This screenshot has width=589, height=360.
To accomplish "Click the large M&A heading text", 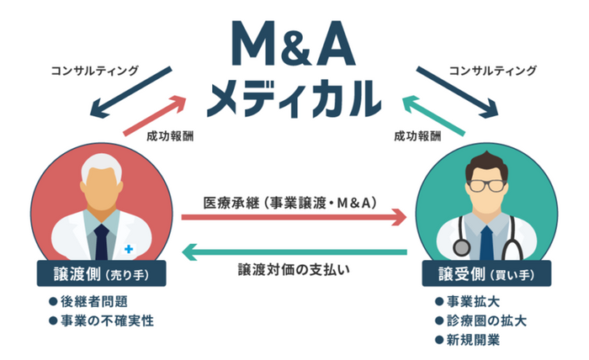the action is (294, 44).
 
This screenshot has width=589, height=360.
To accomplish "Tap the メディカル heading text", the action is (294, 98).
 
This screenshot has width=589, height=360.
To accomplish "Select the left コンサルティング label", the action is (94, 71).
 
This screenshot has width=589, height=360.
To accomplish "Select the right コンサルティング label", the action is (493, 71).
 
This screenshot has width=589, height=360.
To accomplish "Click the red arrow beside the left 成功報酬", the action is (155, 115).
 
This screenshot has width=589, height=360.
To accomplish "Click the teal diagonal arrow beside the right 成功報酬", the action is (434, 115).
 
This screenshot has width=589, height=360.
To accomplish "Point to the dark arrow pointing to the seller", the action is (130, 93).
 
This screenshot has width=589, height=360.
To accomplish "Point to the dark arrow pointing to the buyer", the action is (457, 93).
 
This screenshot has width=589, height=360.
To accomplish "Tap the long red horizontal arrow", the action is (294, 217).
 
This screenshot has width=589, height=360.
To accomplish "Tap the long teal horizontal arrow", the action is (294, 251).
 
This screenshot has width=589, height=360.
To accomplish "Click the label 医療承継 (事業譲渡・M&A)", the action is (290, 203).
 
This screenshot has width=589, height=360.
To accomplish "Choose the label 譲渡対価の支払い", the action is (294, 269).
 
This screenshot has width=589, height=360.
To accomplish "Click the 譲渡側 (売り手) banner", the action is (102, 273).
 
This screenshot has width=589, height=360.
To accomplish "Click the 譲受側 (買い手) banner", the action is (487, 273).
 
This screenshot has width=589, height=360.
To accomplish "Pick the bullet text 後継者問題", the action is (94, 301).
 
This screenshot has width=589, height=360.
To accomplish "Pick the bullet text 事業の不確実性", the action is (107, 321).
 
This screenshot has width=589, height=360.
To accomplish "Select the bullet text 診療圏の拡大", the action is (486, 321).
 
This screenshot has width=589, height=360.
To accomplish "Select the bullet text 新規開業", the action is (473, 340).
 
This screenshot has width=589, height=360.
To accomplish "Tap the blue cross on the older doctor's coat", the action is (129, 248).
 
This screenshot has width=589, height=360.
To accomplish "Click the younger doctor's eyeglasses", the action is (487, 185).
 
